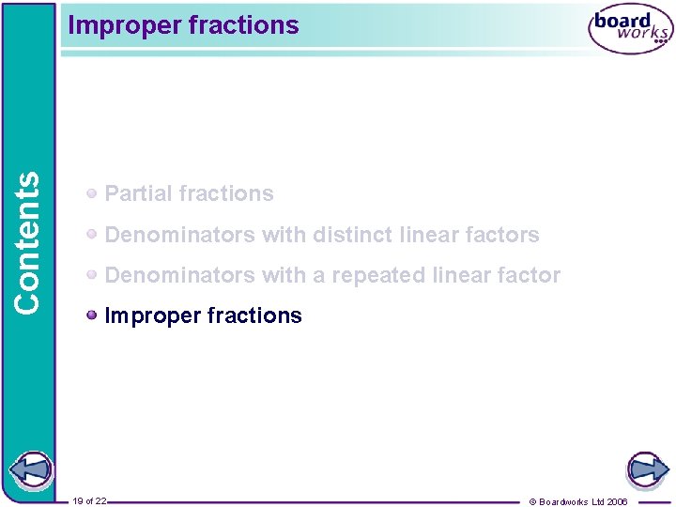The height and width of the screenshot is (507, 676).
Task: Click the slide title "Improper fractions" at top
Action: [183, 25]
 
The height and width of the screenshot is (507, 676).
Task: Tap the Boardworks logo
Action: [630, 29]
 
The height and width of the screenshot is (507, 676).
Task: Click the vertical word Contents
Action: [28, 241]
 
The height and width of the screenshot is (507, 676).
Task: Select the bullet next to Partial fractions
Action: [92, 193]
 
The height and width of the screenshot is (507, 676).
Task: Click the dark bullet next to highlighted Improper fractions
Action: [92, 315]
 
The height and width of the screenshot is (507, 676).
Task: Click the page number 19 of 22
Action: [89, 501]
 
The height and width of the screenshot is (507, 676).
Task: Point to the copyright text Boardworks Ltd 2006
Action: [583, 501]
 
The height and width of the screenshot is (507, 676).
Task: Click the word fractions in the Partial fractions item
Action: [230, 193]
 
